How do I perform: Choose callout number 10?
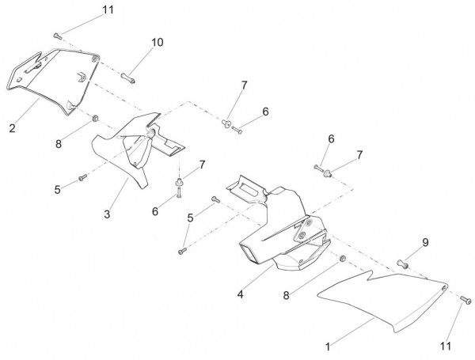point(157,42)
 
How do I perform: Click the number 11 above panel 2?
point(108,9)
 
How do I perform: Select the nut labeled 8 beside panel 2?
point(95,119)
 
